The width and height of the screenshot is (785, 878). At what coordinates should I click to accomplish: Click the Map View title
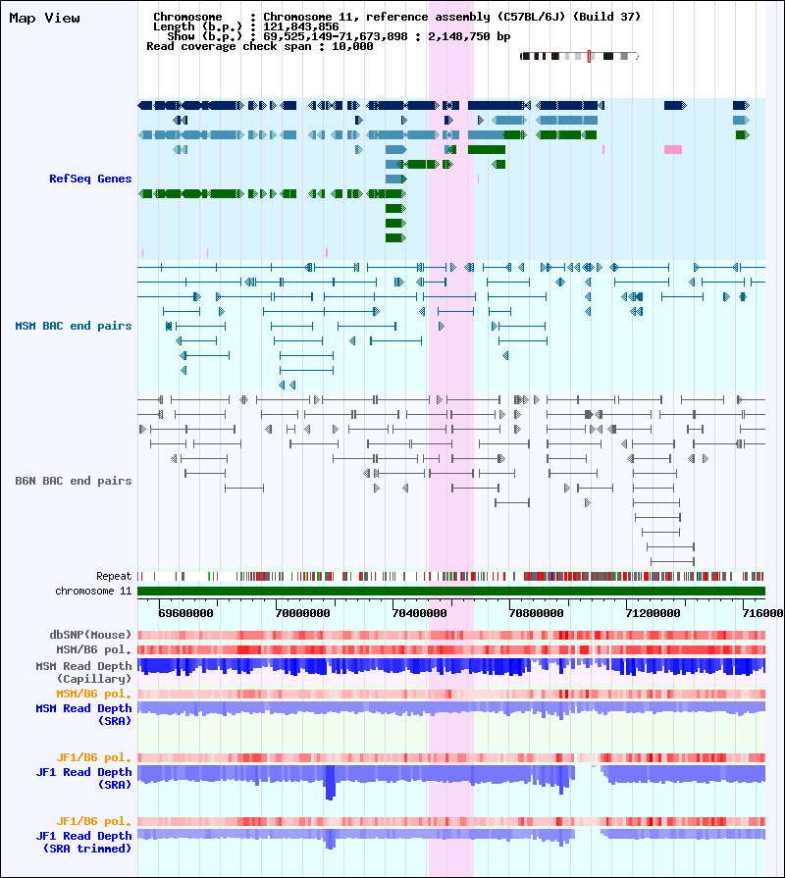44,18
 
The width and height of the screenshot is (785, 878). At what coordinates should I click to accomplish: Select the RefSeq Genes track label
90,179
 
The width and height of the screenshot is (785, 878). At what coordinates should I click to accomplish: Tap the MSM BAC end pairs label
74,326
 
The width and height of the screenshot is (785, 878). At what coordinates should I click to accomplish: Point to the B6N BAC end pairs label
74,481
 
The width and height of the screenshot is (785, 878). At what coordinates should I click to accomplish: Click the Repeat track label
114,576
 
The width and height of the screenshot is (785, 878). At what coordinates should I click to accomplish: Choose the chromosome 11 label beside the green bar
94,591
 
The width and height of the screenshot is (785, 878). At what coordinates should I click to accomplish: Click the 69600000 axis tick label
185,612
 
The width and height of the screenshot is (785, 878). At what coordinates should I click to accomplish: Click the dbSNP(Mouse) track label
91,635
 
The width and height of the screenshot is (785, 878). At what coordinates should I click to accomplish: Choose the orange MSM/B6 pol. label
94,694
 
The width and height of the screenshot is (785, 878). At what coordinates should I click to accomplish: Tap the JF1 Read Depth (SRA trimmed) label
84,842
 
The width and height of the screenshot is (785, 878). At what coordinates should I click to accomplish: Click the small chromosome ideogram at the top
579,57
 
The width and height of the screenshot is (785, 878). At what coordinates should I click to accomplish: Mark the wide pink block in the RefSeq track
673,149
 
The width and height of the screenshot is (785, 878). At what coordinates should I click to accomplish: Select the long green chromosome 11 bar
451,591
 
